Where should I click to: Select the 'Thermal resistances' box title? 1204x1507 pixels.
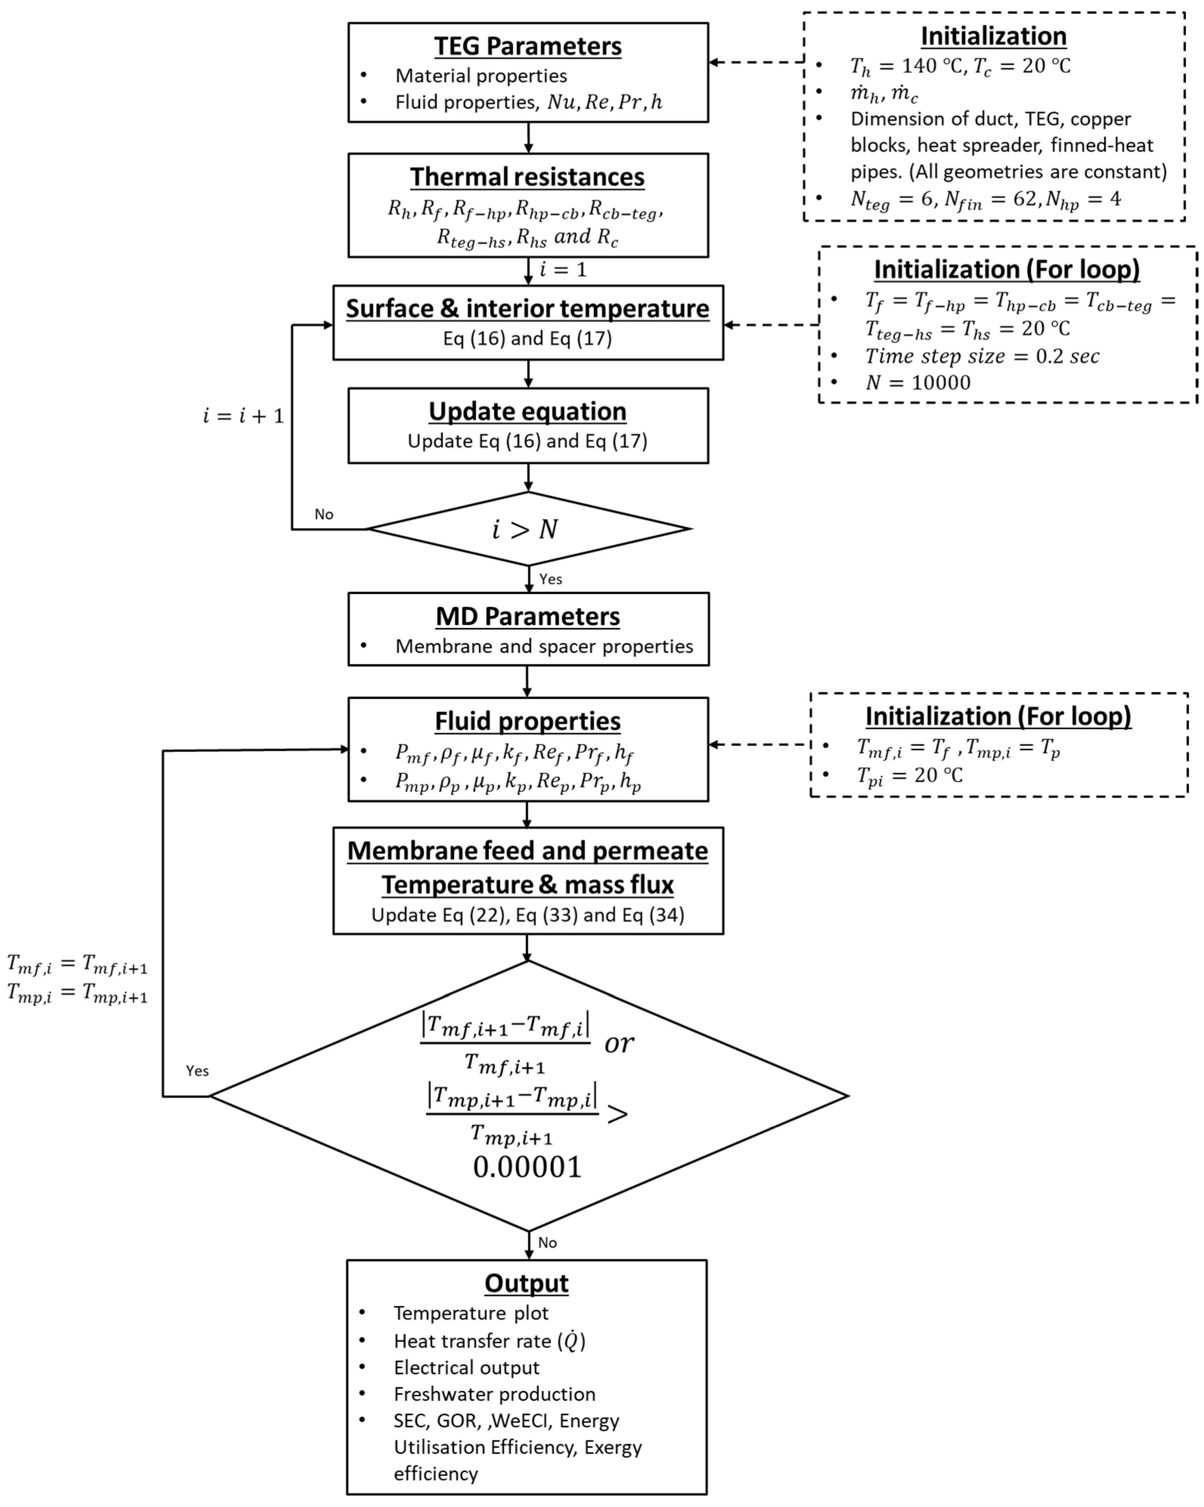[x=528, y=177]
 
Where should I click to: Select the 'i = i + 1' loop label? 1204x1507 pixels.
[x=243, y=416]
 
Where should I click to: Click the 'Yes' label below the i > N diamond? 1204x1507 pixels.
[x=551, y=579]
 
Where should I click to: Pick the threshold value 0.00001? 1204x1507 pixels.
[x=528, y=1167]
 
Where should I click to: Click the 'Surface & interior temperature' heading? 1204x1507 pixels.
[x=528, y=308]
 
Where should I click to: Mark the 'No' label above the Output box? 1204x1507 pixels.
[x=547, y=1242]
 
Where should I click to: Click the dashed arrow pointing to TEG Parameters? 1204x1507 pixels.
[x=757, y=62]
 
